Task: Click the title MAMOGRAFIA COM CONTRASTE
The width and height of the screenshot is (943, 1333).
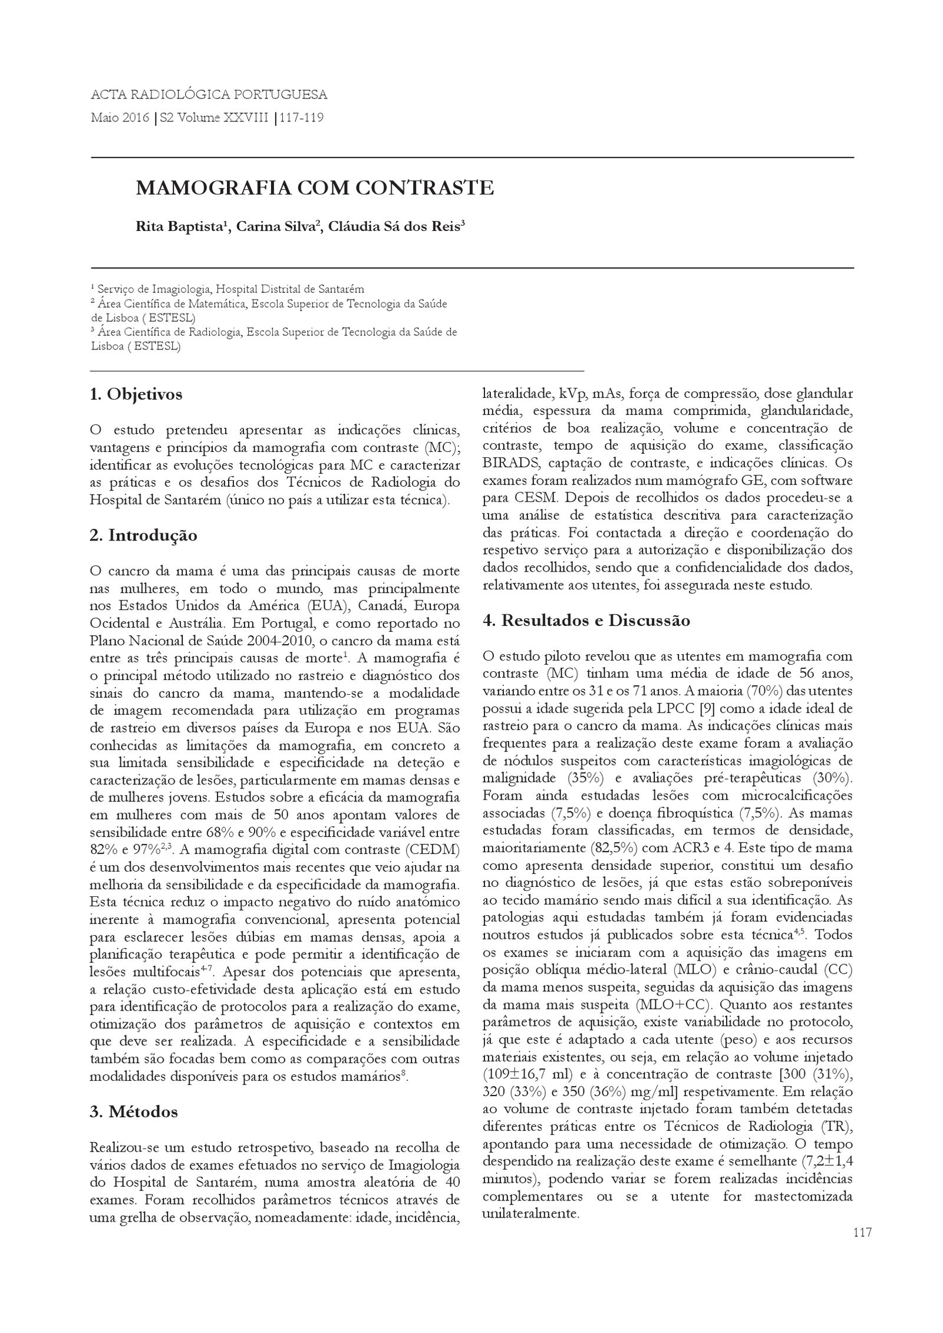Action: [x=315, y=188]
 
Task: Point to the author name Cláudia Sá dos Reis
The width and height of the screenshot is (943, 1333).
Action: [x=394, y=227]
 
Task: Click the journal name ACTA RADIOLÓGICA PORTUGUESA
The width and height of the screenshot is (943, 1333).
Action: [x=209, y=94]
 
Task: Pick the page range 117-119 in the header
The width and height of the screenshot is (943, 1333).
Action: [x=302, y=118]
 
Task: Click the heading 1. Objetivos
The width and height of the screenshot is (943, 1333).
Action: [x=136, y=394]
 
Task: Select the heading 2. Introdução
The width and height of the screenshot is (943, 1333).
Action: [x=143, y=536]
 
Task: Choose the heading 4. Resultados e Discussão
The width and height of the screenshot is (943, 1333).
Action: [x=586, y=621]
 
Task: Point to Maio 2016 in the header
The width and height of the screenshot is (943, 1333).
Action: [x=120, y=118]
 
